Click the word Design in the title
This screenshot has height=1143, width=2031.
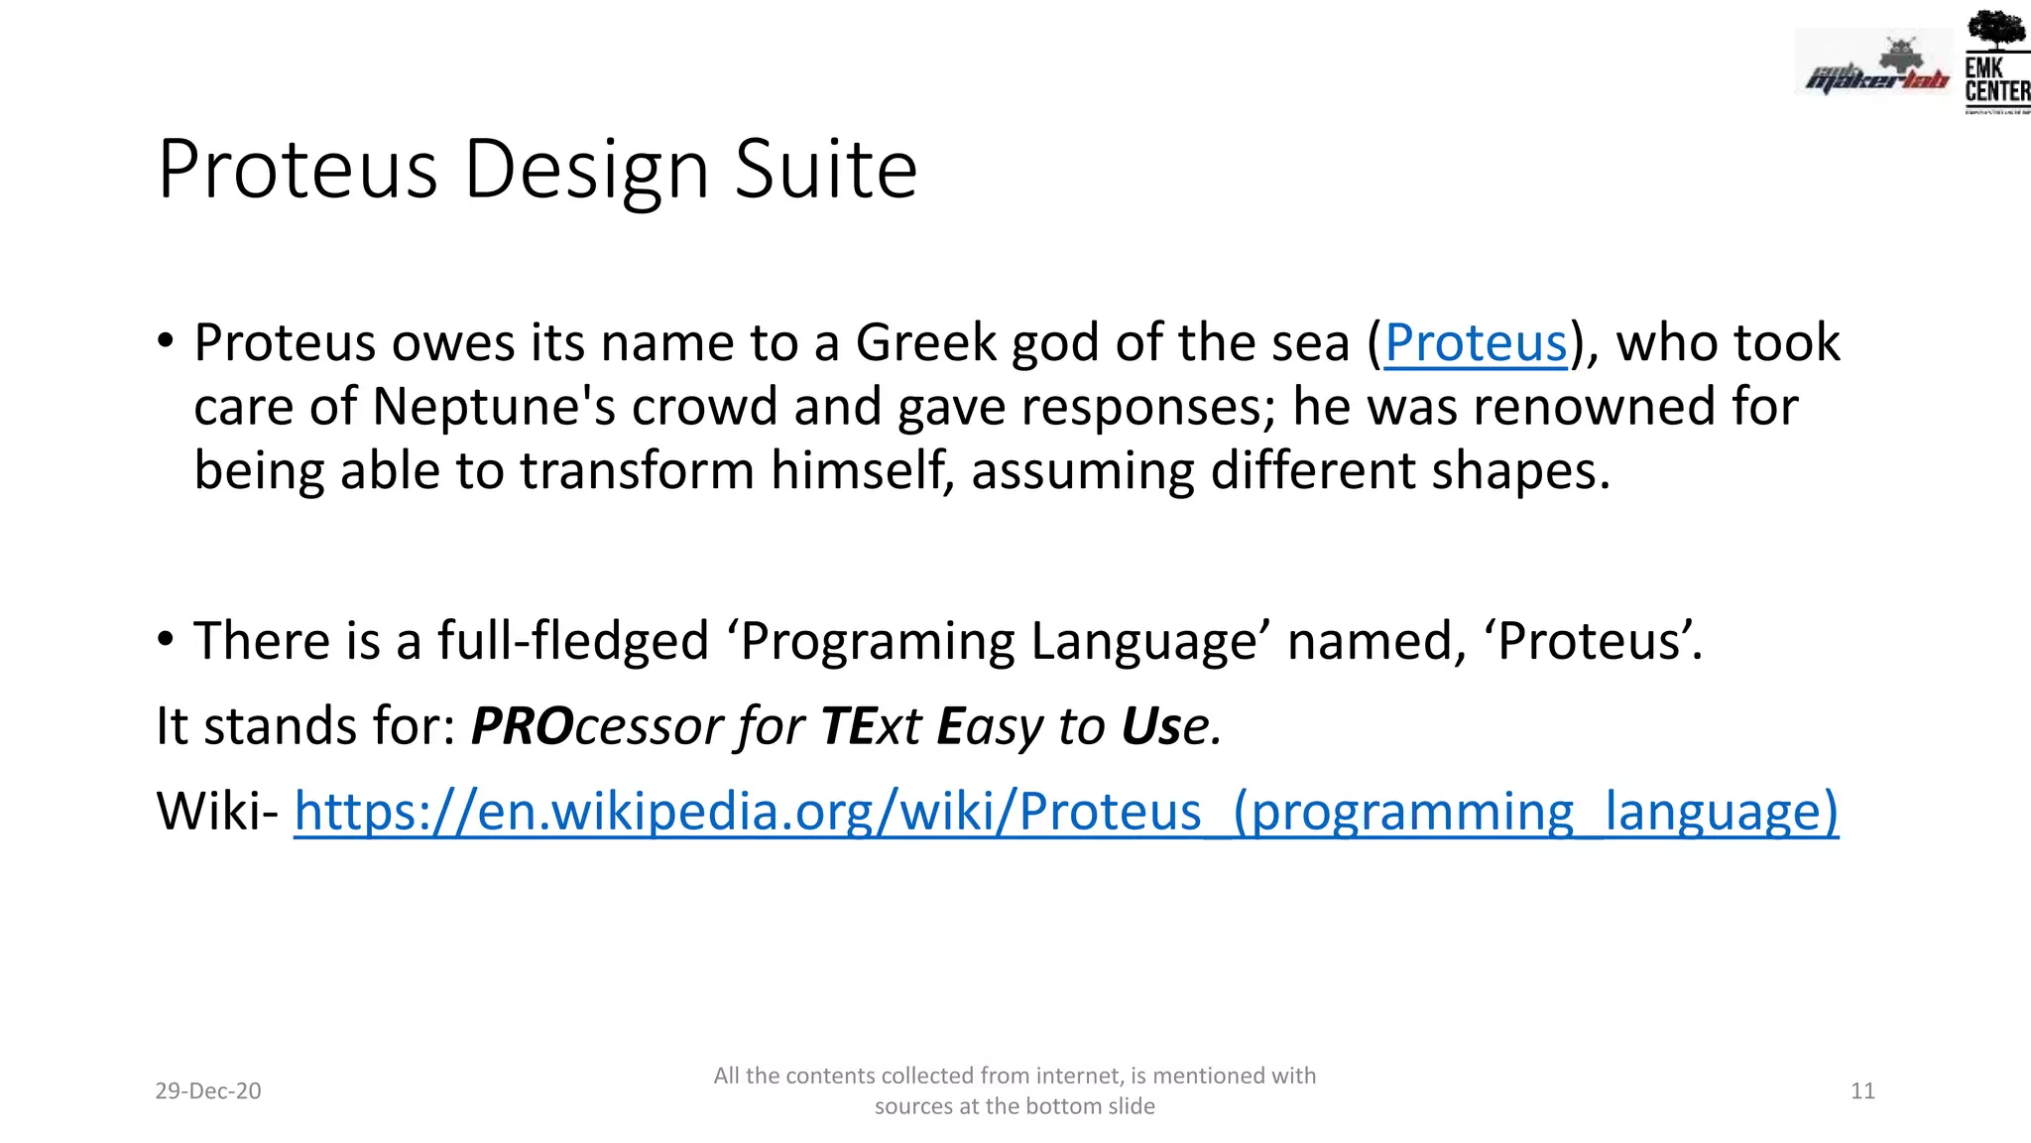click(586, 171)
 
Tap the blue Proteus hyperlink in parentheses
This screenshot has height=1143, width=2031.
click(1476, 343)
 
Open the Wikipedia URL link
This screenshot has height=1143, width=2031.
click(1066, 812)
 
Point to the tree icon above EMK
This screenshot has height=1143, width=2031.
click(1996, 30)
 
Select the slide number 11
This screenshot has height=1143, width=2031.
click(1862, 1091)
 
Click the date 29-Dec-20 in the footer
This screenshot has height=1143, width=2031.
click(208, 1091)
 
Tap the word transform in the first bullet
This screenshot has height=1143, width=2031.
click(637, 470)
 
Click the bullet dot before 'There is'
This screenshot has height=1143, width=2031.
click(166, 638)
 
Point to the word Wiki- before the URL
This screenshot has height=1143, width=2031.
click(217, 812)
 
